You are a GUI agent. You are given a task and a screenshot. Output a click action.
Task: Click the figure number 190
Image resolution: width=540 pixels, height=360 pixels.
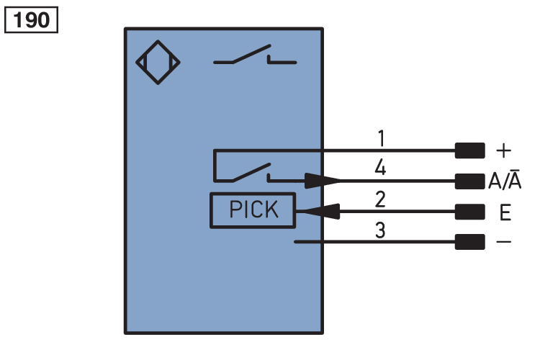[x=30, y=19]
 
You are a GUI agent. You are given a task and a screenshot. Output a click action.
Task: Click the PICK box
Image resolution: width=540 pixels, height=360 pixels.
[x=253, y=210]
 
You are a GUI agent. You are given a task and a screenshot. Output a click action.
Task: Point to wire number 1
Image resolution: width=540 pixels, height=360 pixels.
[x=381, y=137]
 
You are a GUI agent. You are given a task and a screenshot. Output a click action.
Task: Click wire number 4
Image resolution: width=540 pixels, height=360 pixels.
[x=381, y=168]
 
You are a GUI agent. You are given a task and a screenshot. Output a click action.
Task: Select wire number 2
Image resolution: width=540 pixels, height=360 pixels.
[x=381, y=200]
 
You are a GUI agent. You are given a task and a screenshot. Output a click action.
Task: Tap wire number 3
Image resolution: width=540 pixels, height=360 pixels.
[x=381, y=231]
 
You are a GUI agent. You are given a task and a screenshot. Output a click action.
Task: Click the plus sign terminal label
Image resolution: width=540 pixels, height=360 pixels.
[x=504, y=150]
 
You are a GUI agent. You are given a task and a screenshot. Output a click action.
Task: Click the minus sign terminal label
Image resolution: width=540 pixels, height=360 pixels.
[x=504, y=243]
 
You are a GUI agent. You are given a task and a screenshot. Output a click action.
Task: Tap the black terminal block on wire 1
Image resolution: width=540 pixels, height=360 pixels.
[x=469, y=150]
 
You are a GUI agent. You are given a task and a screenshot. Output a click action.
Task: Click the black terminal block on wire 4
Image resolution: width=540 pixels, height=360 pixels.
[x=469, y=181]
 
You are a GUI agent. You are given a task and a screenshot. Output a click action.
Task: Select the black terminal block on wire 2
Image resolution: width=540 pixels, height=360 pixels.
[x=469, y=212]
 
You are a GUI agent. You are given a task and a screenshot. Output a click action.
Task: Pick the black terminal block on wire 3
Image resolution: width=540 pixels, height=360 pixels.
[x=469, y=243]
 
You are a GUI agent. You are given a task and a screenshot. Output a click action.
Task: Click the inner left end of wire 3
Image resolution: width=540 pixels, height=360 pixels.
[x=296, y=242]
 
